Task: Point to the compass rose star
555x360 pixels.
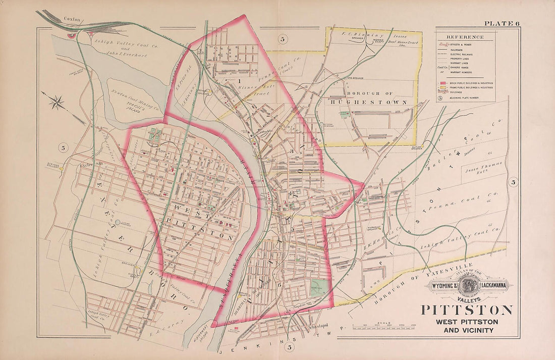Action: pyautogui.click(x=57, y=103)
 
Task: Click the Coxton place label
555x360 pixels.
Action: pyautogui.click(x=72, y=19)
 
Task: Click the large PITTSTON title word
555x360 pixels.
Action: pyautogui.click(x=467, y=310)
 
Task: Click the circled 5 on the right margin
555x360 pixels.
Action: pyautogui.click(x=513, y=183)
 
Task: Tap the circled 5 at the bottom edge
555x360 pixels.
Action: pyautogui.click(x=289, y=347)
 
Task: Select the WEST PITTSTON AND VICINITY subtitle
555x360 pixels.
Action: pyautogui.click(x=467, y=326)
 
